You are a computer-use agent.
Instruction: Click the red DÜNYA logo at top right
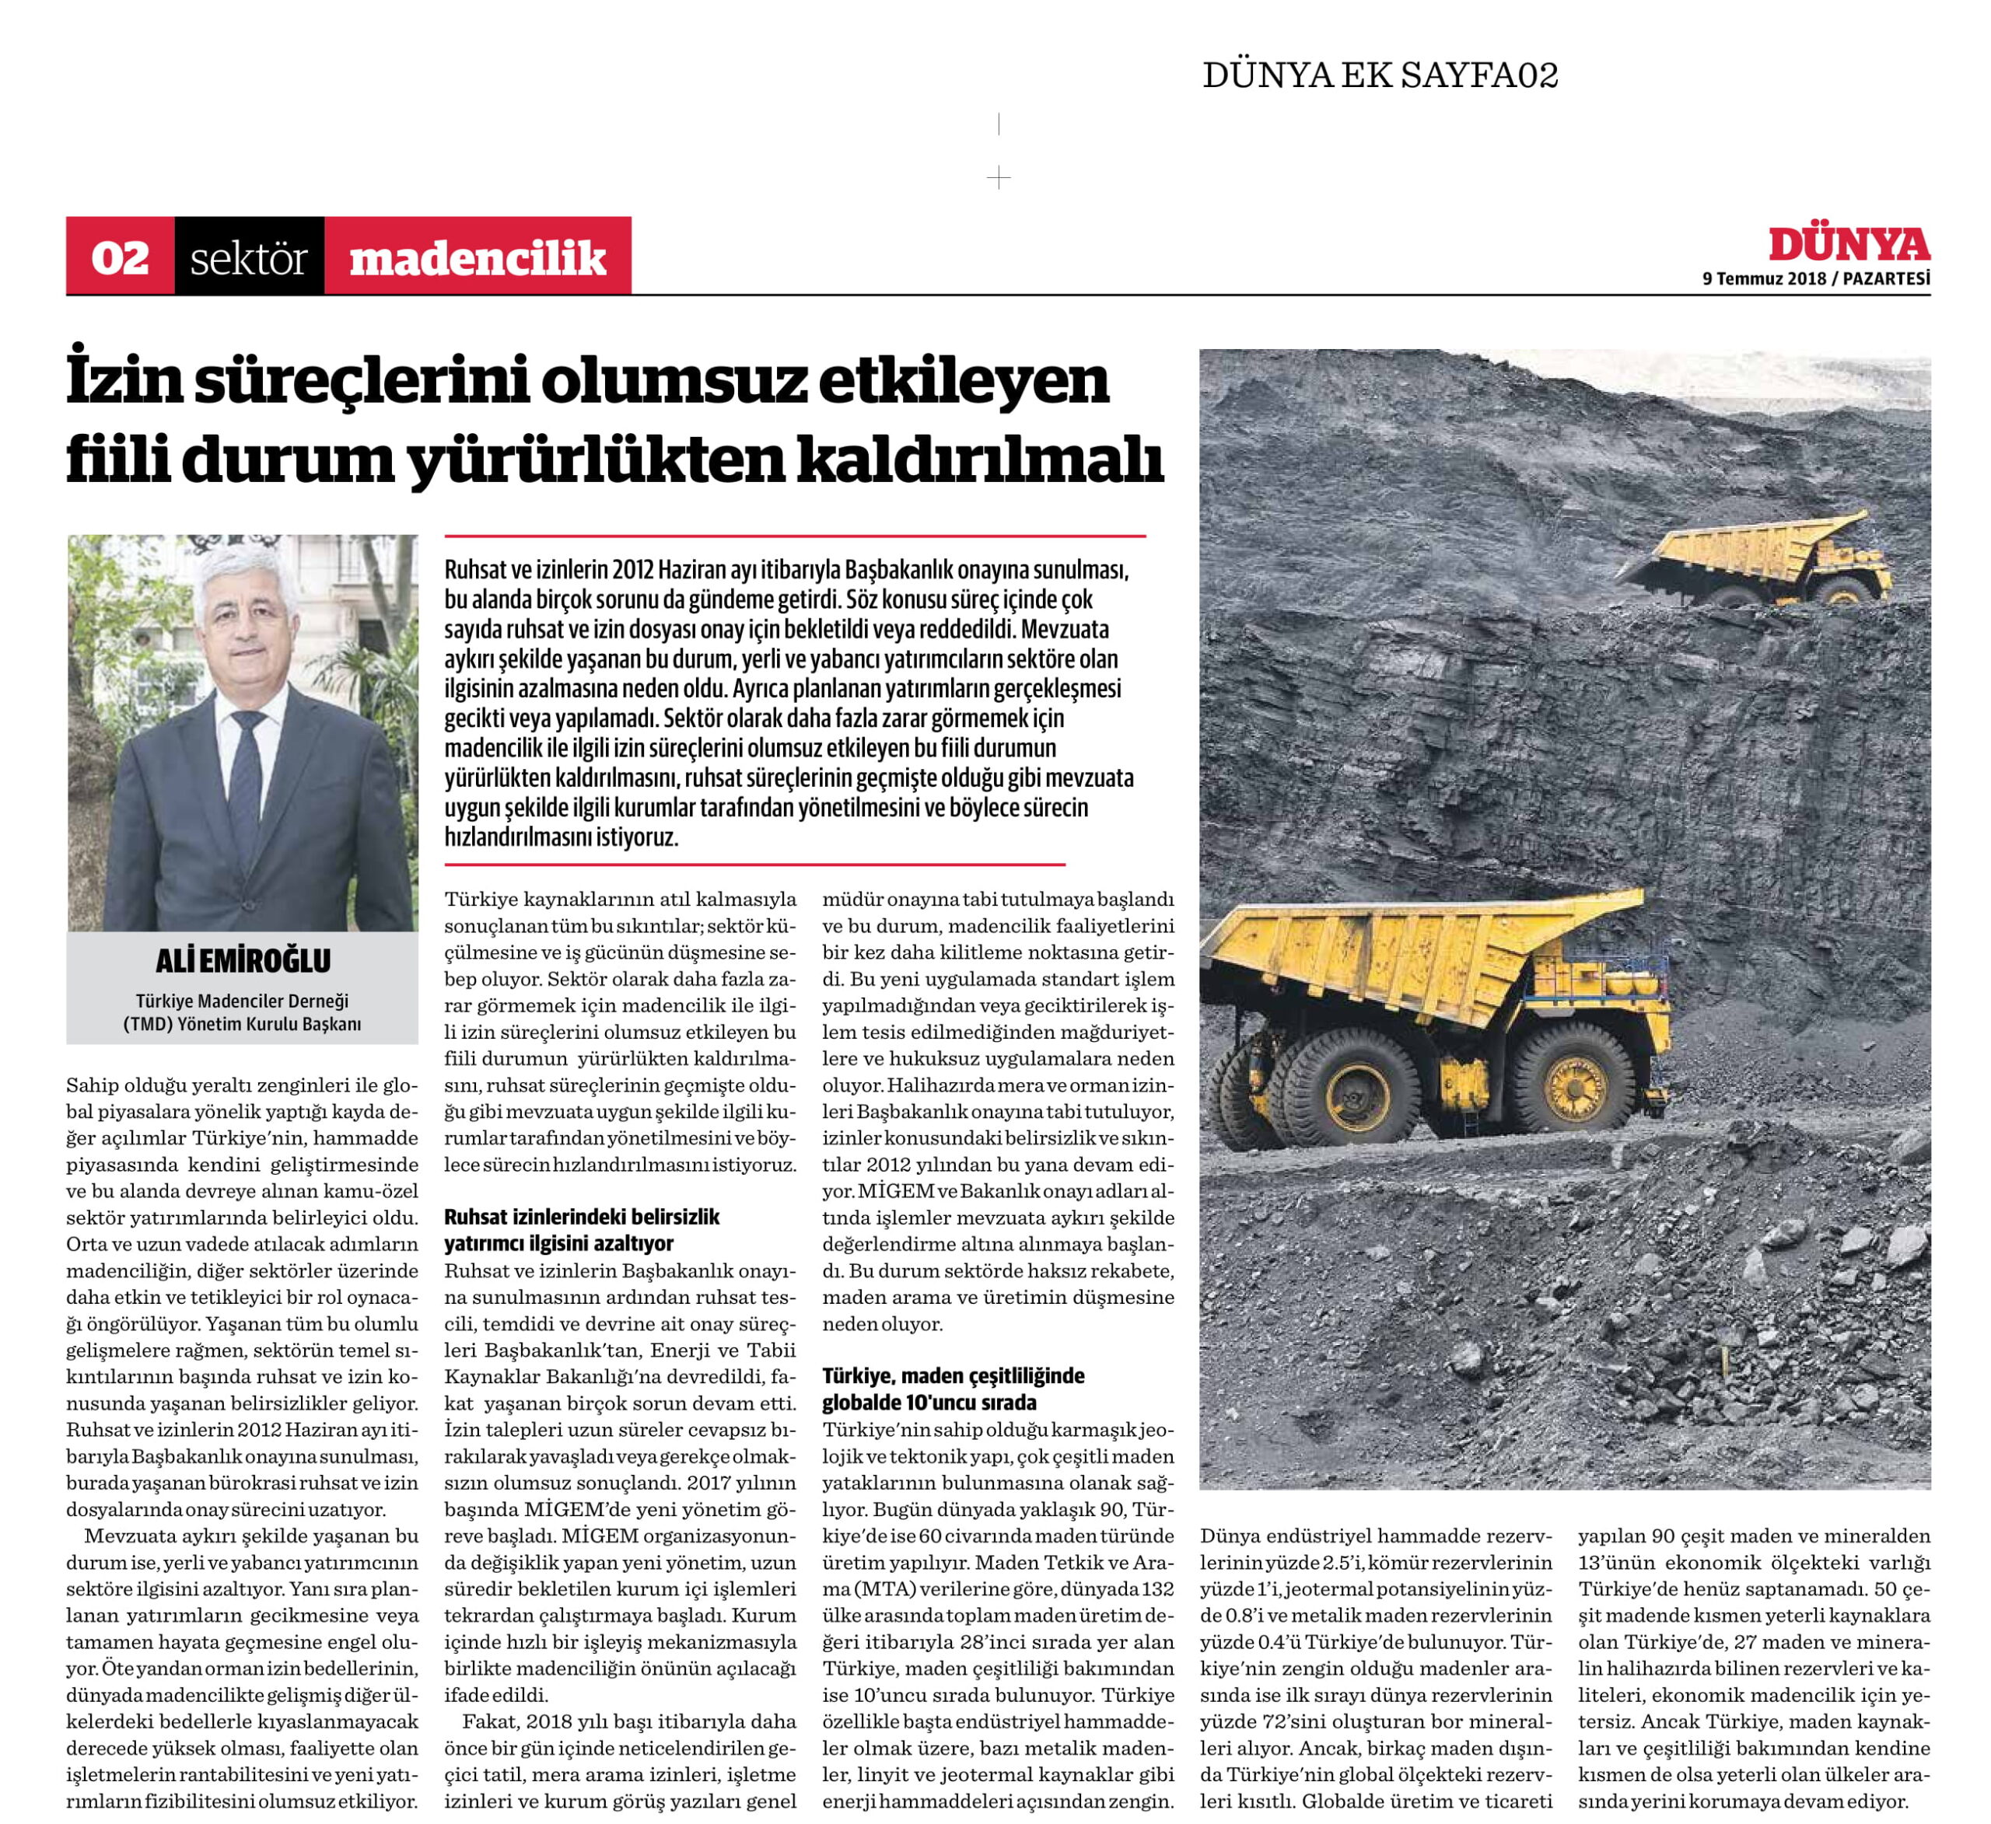pyautogui.click(x=1849, y=244)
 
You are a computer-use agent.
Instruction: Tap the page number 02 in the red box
pyautogui.click(x=120, y=258)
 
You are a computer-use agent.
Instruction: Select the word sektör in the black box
pyautogui.click(x=249, y=259)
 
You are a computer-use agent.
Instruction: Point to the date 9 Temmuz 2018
pyautogui.click(x=1764, y=278)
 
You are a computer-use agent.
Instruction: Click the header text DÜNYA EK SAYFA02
pyautogui.click(x=1380, y=76)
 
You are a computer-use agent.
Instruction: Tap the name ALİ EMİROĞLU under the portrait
pyautogui.click(x=243, y=960)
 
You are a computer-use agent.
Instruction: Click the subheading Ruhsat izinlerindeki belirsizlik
pyautogui.click(x=582, y=1217)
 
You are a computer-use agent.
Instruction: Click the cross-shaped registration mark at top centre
pyautogui.click(x=999, y=178)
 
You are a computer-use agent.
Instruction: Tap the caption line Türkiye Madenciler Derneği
pyautogui.click(x=242, y=1001)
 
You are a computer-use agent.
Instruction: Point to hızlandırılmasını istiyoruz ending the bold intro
pyautogui.click(x=561, y=837)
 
